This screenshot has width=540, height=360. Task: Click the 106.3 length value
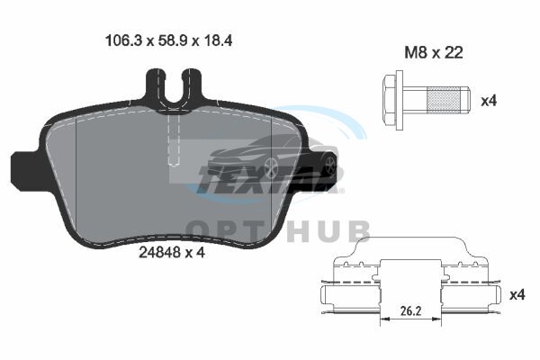(x=123, y=40)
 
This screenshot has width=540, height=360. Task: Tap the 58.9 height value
(x=172, y=40)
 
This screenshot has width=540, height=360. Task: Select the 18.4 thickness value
(x=218, y=40)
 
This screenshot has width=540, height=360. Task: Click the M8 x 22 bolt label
(x=433, y=52)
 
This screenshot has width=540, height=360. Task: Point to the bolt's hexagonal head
(x=389, y=100)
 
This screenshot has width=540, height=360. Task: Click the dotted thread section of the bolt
(x=444, y=100)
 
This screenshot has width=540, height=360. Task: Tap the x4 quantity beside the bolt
(x=489, y=101)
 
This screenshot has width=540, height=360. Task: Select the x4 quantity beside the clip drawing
(x=517, y=295)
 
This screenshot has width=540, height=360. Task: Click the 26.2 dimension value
(x=410, y=311)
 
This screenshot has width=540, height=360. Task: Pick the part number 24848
(x=159, y=253)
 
